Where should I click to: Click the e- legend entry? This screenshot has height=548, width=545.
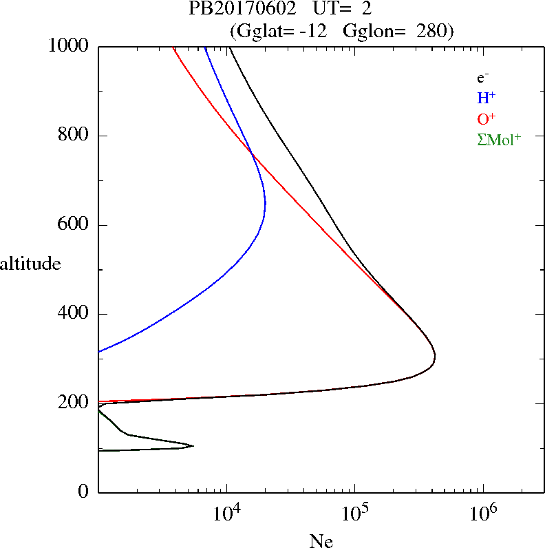click(x=483, y=78)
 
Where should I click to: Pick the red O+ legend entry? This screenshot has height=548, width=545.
click(x=487, y=118)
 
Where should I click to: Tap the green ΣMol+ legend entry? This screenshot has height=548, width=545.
click(x=499, y=140)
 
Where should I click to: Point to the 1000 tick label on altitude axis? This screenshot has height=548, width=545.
click(x=69, y=46)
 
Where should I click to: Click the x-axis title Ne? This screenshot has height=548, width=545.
click(x=321, y=541)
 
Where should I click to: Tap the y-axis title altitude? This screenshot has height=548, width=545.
click(x=30, y=263)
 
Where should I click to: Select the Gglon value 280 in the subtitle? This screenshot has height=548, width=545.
click(x=431, y=31)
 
